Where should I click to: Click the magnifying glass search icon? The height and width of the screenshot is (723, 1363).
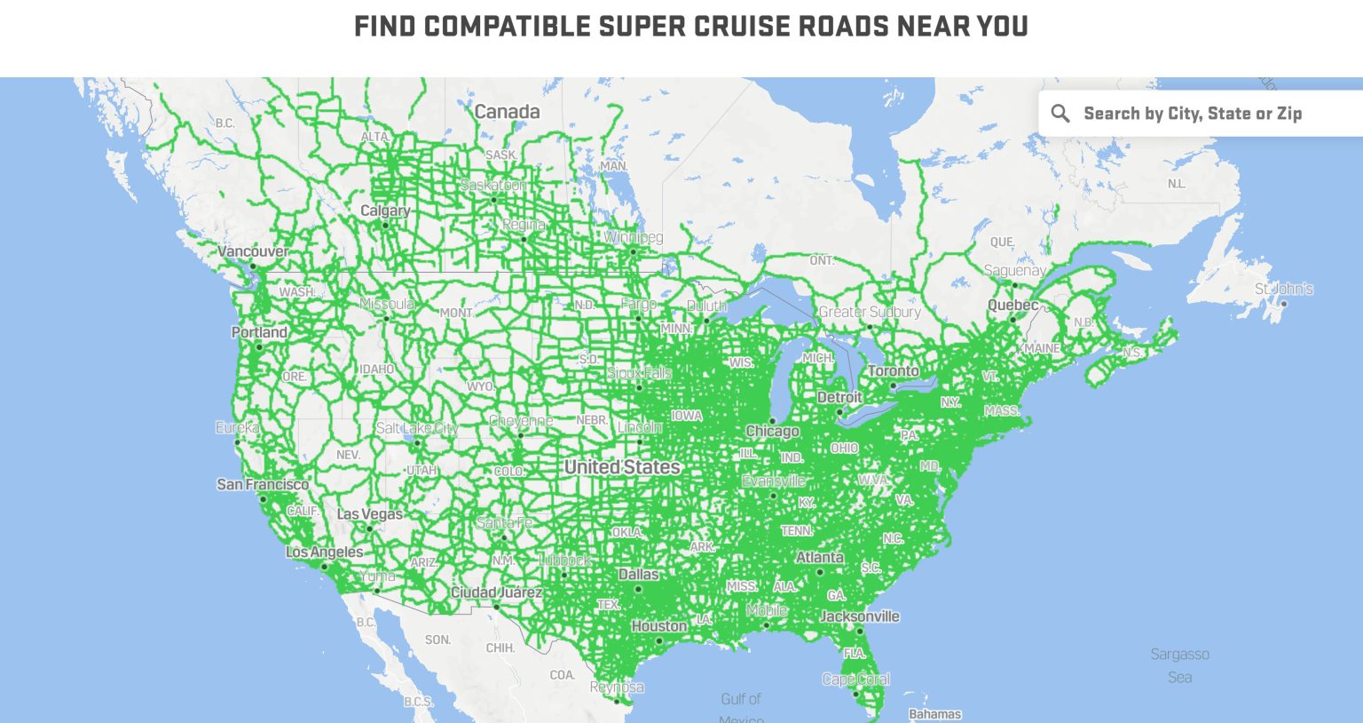click(x=1060, y=113)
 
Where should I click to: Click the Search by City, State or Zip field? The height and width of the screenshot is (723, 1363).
click(x=1193, y=113)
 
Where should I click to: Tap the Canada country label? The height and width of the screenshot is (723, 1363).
click(x=507, y=111)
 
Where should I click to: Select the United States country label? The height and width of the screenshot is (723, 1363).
click(x=622, y=466)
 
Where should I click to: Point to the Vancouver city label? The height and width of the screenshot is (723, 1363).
click(x=253, y=251)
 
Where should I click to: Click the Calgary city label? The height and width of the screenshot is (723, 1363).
click(x=384, y=211)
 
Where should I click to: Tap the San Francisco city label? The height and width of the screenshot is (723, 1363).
click(x=263, y=484)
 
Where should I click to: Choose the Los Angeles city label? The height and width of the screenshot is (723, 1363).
click(x=324, y=552)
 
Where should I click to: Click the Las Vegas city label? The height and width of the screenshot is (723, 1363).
click(x=369, y=513)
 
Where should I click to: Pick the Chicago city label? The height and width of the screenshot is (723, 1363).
click(x=772, y=431)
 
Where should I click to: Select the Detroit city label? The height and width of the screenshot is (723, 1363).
click(x=839, y=397)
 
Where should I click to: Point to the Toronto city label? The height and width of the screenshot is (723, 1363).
click(x=894, y=370)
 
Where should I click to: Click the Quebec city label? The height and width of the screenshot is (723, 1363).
click(x=1012, y=305)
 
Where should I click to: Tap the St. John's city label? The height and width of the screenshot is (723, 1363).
click(x=1283, y=289)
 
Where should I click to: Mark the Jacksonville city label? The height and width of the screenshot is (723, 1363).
click(x=859, y=616)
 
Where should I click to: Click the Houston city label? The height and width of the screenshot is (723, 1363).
click(x=658, y=626)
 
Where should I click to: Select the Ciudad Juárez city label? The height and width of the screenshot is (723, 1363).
click(x=495, y=592)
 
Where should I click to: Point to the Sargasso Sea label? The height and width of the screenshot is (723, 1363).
click(x=1179, y=664)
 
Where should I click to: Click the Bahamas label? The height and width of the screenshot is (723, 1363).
click(x=934, y=713)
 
